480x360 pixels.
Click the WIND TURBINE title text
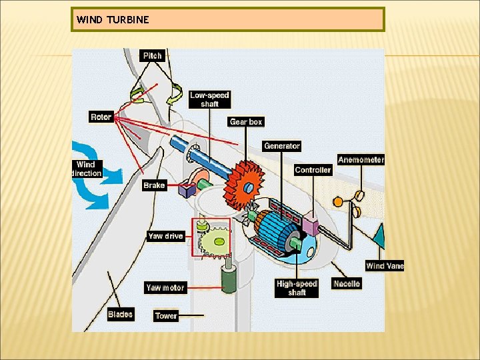coord(113,19)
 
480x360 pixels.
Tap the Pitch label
coord(152,55)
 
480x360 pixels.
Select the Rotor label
coord(101,117)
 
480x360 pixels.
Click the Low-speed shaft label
coord(209,99)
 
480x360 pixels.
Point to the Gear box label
coord(246,122)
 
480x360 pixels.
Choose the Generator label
coord(282,146)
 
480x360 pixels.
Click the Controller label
coord(313,170)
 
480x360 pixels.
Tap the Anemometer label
coord(361,159)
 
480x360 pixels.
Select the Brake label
coord(154,185)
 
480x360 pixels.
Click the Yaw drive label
coord(165,236)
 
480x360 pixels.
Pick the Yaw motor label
coord(165,288)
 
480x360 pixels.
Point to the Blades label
coord(120,314)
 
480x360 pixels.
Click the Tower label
coord(166,316)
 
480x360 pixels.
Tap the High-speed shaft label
coord(297,288)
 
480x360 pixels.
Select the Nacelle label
coord(347,284)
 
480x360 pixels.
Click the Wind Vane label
coord(385,266)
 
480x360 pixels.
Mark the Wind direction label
coord(87,169)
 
